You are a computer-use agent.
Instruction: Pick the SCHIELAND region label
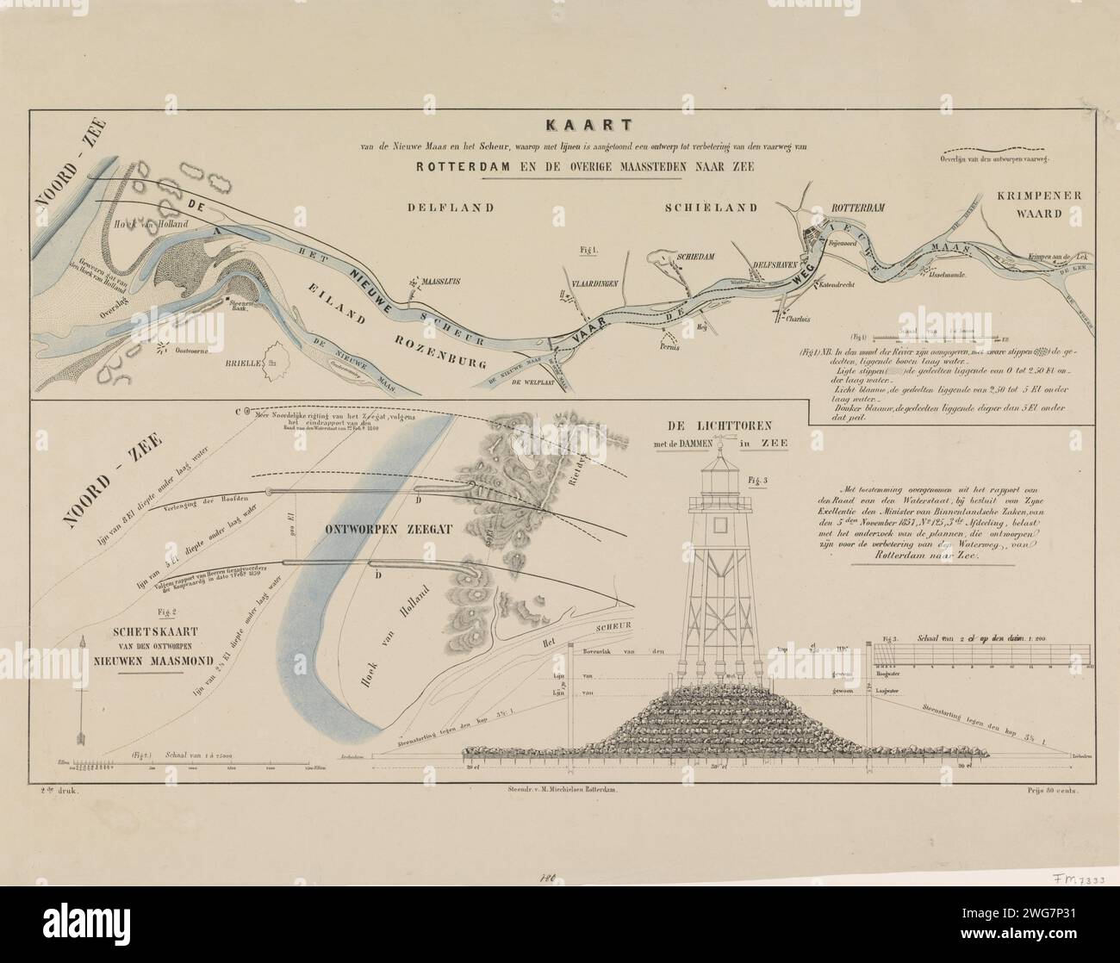tap(709, 208)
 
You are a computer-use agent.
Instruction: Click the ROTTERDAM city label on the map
tap(858, 208)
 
